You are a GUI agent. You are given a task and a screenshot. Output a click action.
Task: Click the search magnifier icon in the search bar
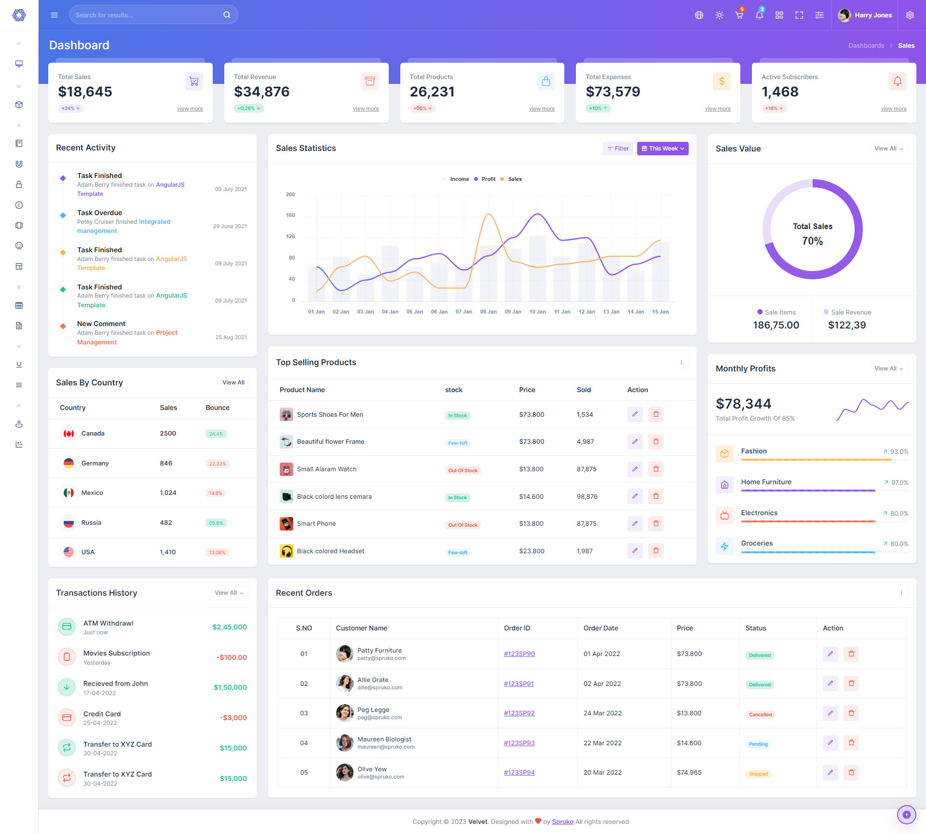click(226, 15)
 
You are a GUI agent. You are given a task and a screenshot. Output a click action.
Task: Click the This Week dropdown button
click(662, 149)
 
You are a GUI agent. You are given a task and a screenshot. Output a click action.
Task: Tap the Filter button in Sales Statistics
click(618, 149)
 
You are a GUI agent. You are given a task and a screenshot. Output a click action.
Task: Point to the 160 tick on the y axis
click(290, 216)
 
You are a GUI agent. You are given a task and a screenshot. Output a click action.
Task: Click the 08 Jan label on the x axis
click(488, 312)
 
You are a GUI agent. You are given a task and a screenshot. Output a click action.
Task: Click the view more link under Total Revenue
click(366, 109)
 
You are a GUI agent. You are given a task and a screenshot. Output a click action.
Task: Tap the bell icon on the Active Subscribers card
click(897, 81)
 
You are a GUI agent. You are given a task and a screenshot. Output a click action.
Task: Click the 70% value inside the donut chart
click(812, 241)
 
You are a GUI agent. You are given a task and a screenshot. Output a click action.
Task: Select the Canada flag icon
click(69, 434)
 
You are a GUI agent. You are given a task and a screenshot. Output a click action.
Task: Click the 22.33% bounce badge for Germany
click(218, 464)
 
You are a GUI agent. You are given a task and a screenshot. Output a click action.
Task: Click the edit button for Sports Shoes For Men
click(635, 414)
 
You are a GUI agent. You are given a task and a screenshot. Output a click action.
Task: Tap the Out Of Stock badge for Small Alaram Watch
click(463, 471)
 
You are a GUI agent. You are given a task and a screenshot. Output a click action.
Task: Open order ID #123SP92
click(519, 713)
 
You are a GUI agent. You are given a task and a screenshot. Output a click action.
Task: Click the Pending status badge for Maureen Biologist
click(758, 744)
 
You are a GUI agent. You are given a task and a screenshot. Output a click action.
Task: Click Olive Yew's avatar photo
click(344, 773)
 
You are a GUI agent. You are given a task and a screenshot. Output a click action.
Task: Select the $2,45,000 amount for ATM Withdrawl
click(230, 628)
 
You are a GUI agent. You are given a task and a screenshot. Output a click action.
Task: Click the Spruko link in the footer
click(562, 822)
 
